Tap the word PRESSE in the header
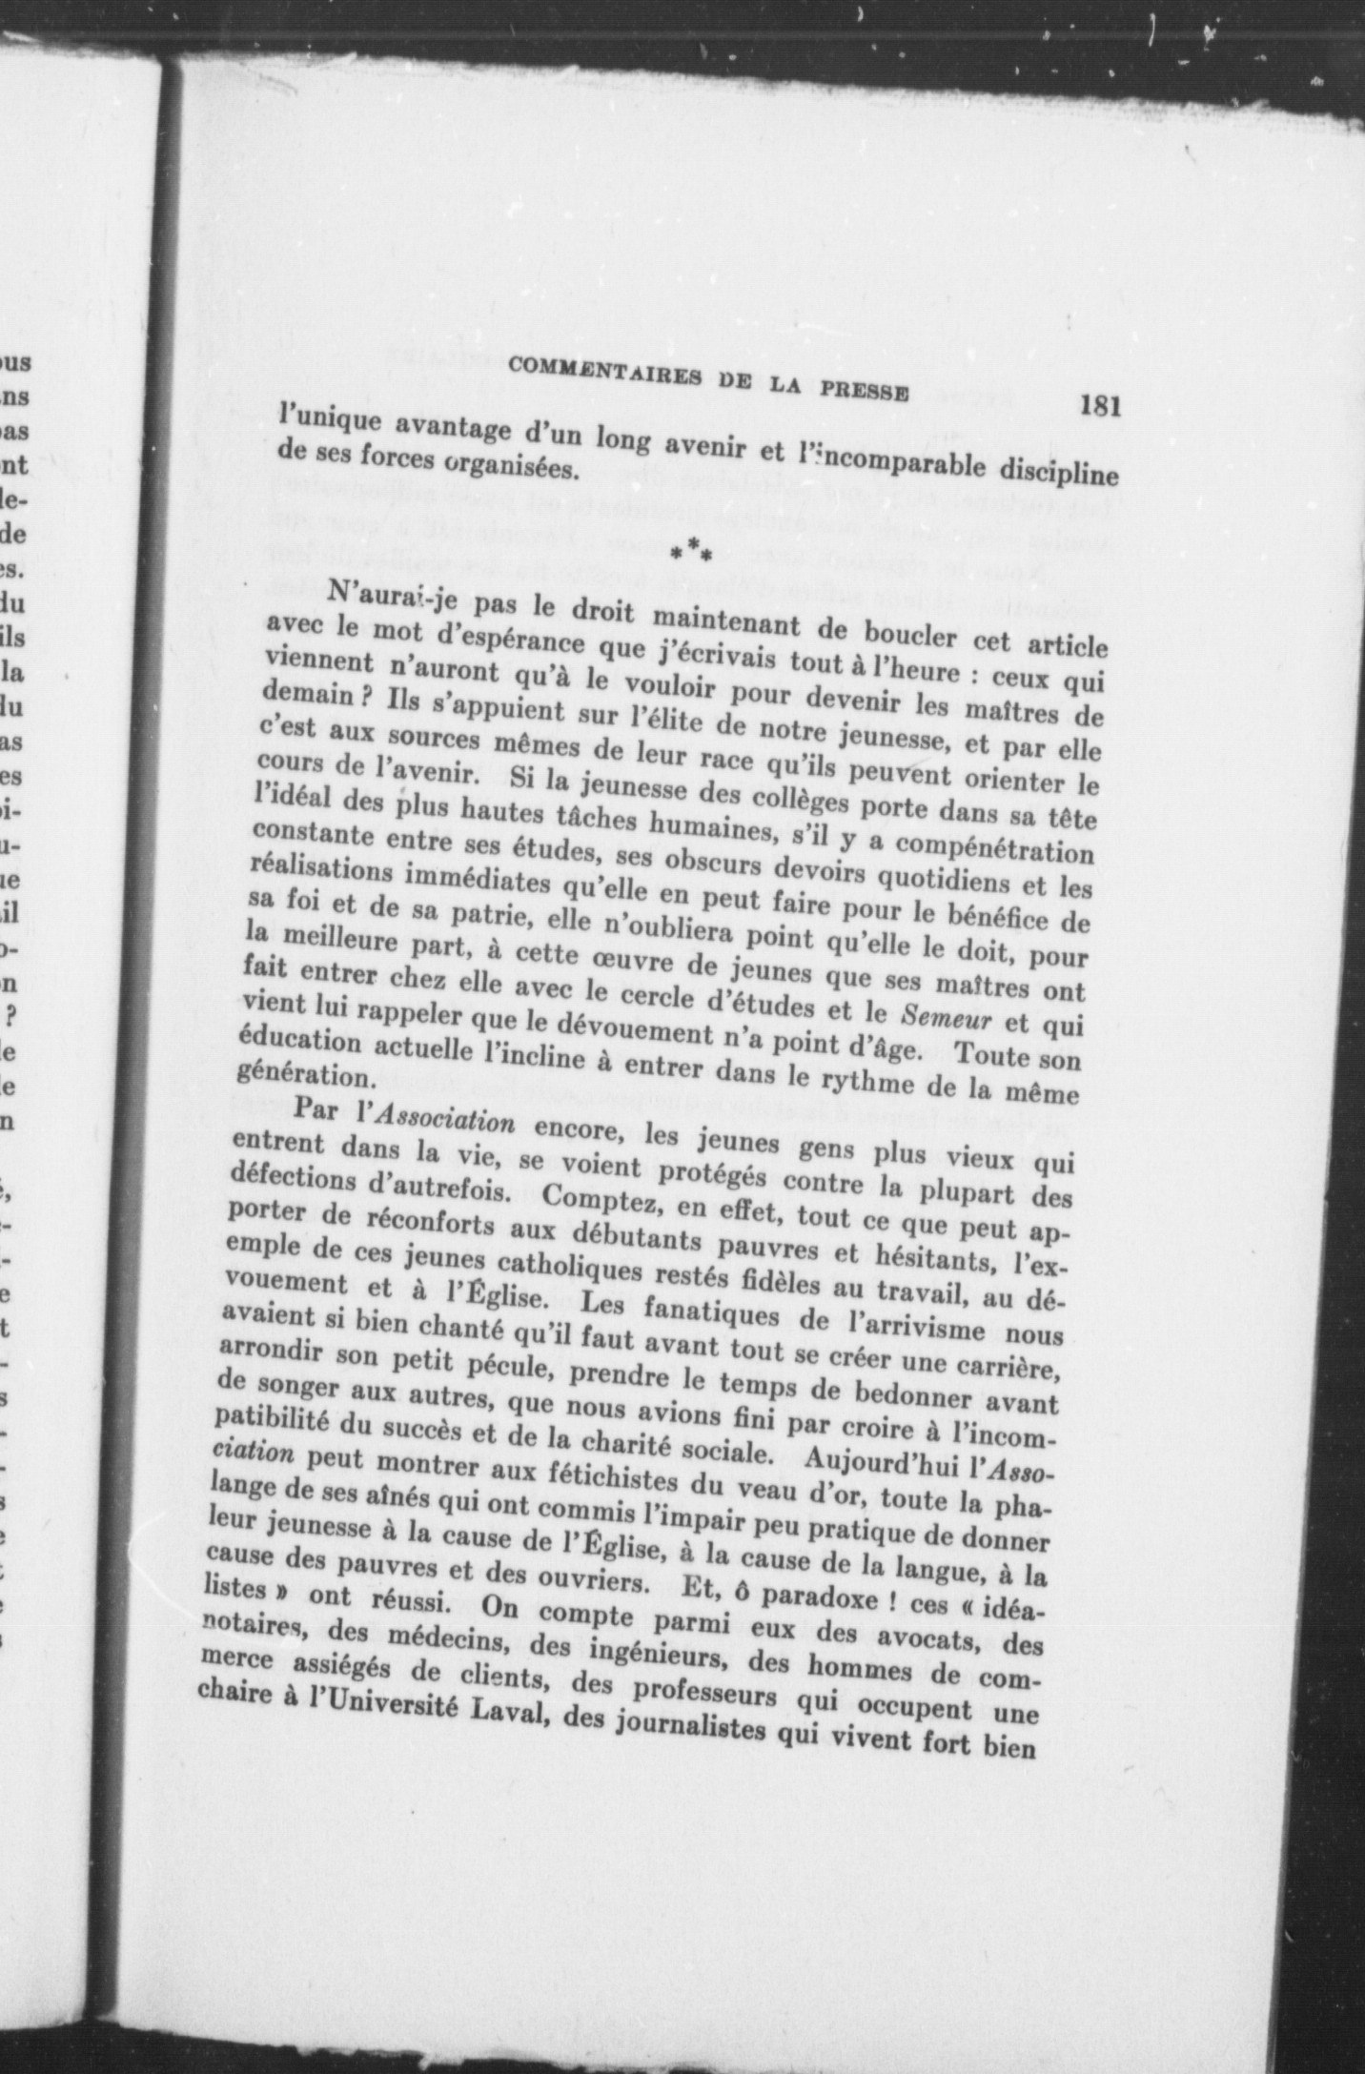coord(865,392)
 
